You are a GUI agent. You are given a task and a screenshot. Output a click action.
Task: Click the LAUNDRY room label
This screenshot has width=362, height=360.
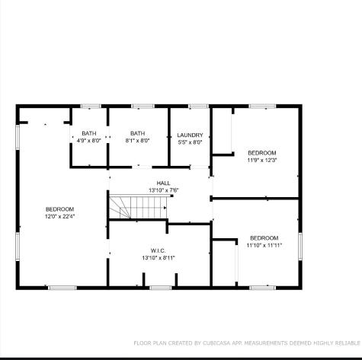click(x=190, y=135)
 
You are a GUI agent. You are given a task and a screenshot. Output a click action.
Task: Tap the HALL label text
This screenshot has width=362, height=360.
click(x=163, y=183)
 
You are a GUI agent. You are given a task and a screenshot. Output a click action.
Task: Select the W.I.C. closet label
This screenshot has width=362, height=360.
click(x=158, y=250)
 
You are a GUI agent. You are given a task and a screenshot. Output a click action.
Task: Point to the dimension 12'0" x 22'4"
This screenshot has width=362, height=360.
click(x=59, y=216)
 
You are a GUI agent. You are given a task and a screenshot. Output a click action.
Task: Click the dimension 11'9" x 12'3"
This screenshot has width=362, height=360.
click(x=261, y=160)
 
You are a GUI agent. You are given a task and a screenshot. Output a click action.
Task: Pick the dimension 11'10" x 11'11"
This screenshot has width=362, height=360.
click(x=264, y=245)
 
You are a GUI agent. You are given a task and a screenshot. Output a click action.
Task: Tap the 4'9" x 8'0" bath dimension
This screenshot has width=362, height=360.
click(x=89, y=140)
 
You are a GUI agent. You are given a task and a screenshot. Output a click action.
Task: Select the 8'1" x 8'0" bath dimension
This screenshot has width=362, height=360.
click(x=137, y=140)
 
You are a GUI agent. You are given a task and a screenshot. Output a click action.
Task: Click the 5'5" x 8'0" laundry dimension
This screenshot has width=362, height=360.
click(x=190, y=142)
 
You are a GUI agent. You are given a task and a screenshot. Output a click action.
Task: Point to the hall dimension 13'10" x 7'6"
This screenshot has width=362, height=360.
click(x=163, y=190)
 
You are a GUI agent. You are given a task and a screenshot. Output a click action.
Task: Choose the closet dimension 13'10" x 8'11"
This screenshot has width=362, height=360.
click(x=158, y=257)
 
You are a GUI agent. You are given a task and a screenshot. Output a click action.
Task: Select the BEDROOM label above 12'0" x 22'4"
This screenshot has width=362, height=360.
click(x=59, y=209)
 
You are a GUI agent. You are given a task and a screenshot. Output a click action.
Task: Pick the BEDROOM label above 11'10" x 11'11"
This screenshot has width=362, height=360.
click(x=264, y=238)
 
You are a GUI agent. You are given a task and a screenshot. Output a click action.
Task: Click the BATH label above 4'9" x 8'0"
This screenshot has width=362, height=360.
click(x=89, y=133)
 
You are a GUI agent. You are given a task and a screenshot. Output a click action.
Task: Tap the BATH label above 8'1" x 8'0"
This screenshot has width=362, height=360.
click(x=137, y=133)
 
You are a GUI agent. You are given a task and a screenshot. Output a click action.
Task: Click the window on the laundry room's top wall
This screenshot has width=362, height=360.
click(x=198, y=106)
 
